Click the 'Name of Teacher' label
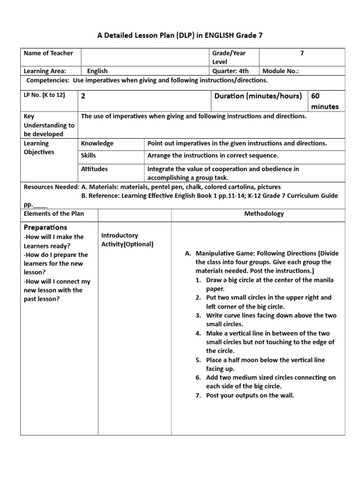click(x=48, y=53)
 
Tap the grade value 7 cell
click(x=302, y=53)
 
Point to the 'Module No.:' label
click(x=281, y=71)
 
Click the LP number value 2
click(x=83, y=96)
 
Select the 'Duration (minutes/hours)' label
click(x=258, y=96)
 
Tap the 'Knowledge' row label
click(x=97, y=143)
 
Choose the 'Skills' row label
click(x=89, y=156)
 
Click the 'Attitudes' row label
click(x=94, y=169)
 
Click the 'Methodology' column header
click(x=264, y=214)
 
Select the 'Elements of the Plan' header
click(x=54, y=214)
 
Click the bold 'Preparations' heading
click(x=45, y=227)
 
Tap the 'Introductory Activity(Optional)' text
click(x=127, y=240)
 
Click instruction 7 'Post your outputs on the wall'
click(x=250, y=395)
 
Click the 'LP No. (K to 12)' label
click(x=44, y=95)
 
